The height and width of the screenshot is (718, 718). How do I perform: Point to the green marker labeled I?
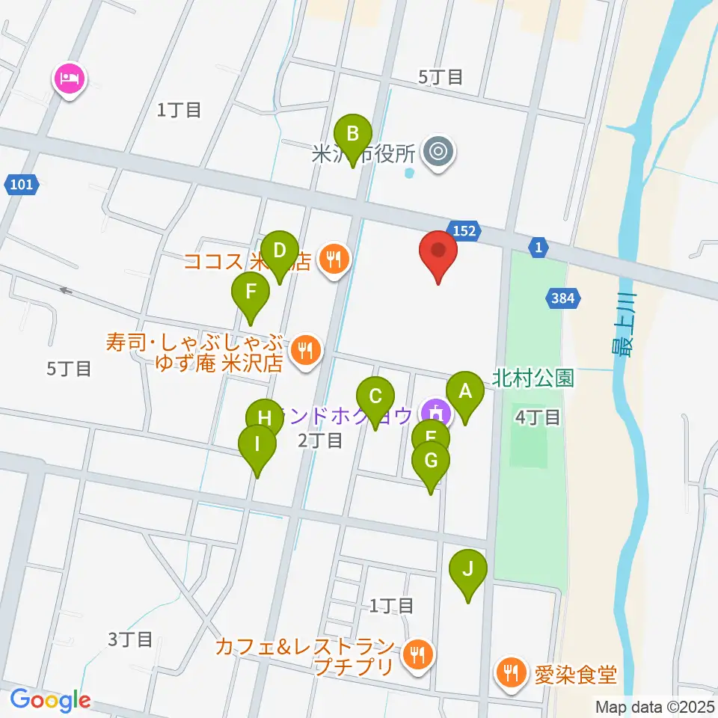pos(257,447)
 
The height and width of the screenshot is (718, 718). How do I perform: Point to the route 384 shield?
pos(562,298)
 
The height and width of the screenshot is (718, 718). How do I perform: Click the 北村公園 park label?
pos(533,378)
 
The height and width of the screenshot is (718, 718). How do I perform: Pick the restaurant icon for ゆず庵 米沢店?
pos(304,349)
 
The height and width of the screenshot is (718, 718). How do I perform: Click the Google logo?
pos(51,701)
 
